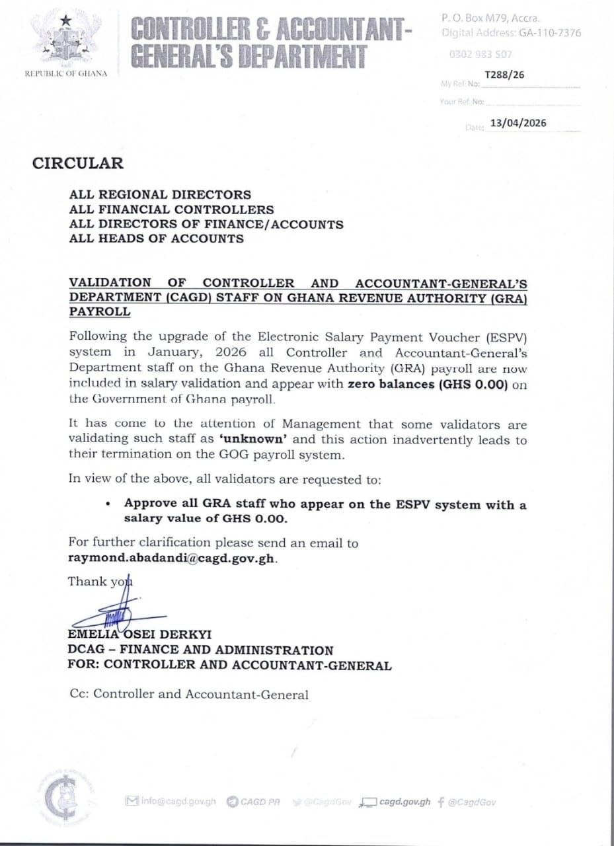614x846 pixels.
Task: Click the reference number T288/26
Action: click(504, 75)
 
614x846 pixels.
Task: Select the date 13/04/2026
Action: click(518, 123)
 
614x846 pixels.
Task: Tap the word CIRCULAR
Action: click(77, 163)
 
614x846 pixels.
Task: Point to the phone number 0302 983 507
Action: click(480, 55)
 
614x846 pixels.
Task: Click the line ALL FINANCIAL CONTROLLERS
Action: click(171, 210)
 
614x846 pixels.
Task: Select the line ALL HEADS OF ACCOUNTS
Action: click(156, 239)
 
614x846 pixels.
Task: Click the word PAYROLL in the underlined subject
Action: click(100, 312)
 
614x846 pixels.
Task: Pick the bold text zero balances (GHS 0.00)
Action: click(428, 385)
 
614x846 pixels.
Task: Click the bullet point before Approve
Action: click(108, 504)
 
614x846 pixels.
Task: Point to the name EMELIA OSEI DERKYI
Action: click(140, 635)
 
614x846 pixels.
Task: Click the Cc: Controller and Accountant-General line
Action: click(188, 695)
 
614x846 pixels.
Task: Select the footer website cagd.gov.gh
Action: click(404, 802)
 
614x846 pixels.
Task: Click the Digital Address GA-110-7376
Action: click(539, 32)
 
